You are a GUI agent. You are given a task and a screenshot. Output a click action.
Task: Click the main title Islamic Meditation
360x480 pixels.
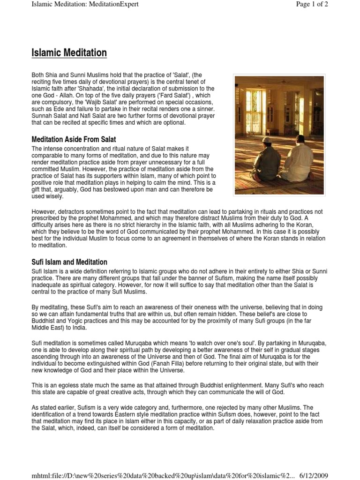pos(69,53)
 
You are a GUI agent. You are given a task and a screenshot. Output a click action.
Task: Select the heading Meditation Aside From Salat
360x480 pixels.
pos(74,139)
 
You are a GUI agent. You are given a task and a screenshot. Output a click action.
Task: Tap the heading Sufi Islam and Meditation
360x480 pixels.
pos(69,262)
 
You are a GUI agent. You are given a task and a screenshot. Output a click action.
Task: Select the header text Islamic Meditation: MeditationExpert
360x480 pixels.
pos(85,4)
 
